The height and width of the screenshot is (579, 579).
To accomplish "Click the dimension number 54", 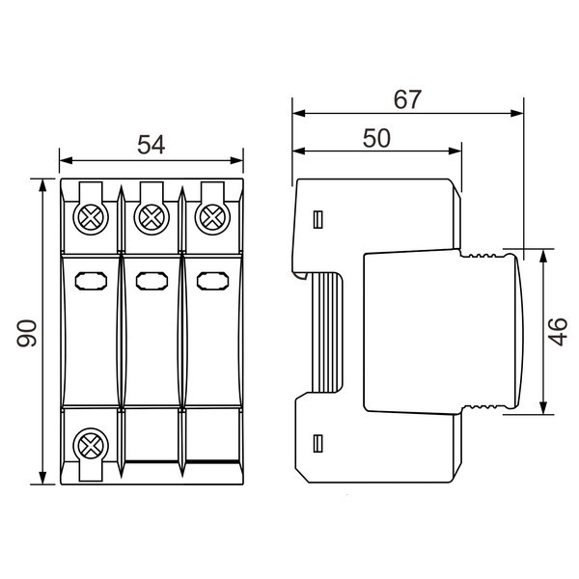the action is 152,145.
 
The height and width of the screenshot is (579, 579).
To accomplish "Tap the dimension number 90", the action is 27,334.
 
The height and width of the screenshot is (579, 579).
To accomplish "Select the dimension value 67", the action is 407,99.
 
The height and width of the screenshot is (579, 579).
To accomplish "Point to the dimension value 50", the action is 376,138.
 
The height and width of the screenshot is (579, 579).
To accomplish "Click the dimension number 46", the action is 559,332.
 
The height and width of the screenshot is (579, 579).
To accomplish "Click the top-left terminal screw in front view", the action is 91,217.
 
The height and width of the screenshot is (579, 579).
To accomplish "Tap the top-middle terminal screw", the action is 152,217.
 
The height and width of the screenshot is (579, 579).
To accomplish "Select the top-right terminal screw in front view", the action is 212,217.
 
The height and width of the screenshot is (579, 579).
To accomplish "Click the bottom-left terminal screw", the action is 91,446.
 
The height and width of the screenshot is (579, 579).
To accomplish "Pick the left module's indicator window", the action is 91,281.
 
